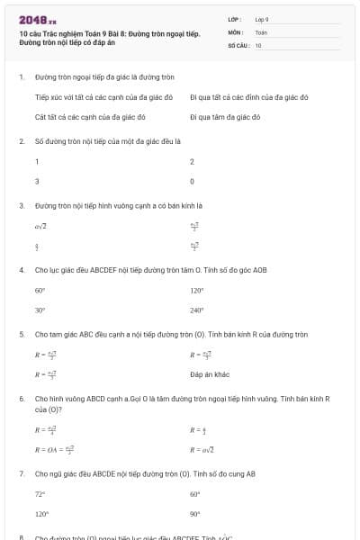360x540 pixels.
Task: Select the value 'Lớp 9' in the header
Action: coord(262,18)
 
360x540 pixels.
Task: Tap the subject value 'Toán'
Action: coord(261,31)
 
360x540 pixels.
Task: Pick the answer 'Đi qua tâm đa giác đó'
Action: coord(224,117)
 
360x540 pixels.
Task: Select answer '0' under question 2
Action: coord(192,181)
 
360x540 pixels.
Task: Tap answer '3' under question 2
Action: coord(37,181)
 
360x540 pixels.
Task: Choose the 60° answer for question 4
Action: coord(40,291)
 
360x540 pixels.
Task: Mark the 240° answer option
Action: coord(197,310)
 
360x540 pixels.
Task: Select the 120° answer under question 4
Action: coord(197,291)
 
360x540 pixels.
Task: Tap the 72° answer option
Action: coord(40,494)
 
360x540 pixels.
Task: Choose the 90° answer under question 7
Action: coord(195,514)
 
